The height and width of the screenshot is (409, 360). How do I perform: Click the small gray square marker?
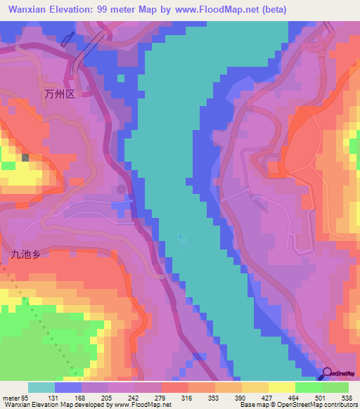pyautogui.click(x=26, y=158)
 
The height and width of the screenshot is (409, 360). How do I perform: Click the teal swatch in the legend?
pyautogui.click(x=41, y=387)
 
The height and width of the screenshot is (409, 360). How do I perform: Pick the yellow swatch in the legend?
pyautogui.click(x=281, y=387)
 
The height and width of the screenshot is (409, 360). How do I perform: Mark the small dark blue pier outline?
pyautogui.click(x=67, y=39)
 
